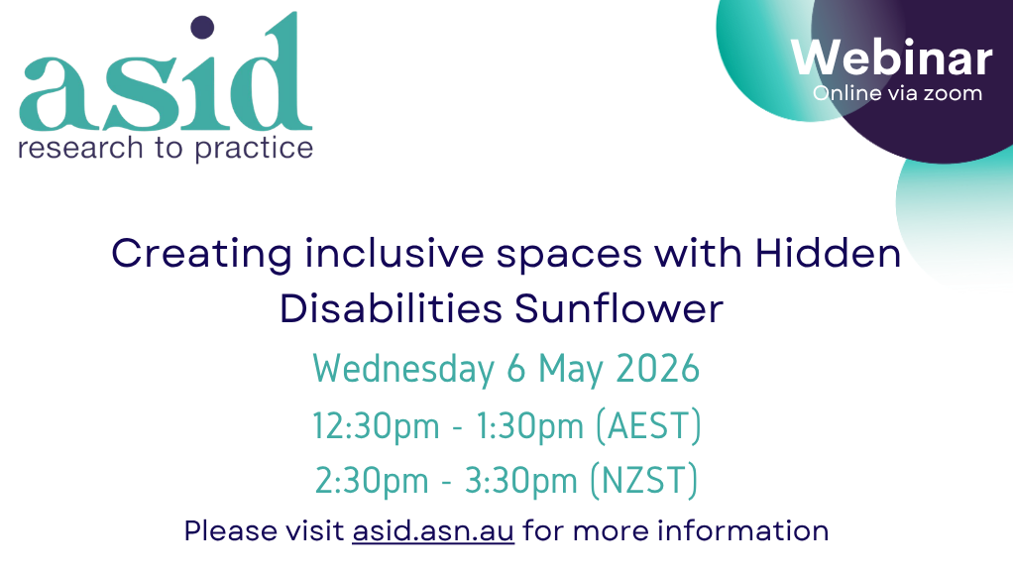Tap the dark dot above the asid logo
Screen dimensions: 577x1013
(x=202, y=27)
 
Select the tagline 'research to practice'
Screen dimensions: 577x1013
(x=165, y=149)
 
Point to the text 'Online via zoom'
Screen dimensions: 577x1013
(x=897, y=93)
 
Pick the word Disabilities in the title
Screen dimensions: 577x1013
(x=391, y=308)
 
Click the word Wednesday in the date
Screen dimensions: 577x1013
(x=403, y=369)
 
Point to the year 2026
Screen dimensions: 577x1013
(x=658, y=369)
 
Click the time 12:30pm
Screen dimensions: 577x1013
(x=377, y=426)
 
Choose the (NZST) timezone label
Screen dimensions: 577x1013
(x=644, y=481)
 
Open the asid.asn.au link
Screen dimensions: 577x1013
(x=433, y=530)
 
